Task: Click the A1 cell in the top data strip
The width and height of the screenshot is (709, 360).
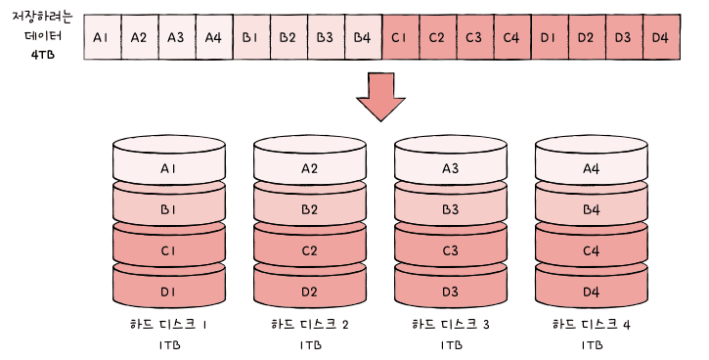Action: tap(103, 37)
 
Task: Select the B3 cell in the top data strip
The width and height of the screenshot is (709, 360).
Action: tap(326, 37)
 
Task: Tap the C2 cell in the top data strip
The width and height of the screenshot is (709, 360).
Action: tap(438, 37)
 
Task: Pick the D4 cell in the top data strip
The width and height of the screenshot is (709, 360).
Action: tap(661, 37)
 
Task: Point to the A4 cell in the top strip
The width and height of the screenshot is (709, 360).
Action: tap(214, 37)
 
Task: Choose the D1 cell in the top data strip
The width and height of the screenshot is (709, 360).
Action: tap(550, 37)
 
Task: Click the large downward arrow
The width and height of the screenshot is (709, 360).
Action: tap(380, 97)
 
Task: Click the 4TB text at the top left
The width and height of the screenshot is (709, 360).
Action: tap(43, 55)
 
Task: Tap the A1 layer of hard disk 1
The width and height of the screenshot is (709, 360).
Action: tap(168, 165)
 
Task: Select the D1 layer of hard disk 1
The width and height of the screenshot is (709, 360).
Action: tap(168, 290)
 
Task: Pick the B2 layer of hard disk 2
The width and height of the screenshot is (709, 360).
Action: tap(310, 207)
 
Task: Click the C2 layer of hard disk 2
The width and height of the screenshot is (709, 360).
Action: tap(310, 248)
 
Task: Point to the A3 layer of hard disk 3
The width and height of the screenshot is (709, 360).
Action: tap(451, 165)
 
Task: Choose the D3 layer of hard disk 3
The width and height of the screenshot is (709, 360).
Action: tap(451, 290)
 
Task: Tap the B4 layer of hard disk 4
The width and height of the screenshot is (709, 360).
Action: tap(592, 207)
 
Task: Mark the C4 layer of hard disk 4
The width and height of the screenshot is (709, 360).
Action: tap(592, 248)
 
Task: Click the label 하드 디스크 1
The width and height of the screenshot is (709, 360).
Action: tap(168, 324)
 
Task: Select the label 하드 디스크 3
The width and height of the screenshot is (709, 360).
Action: tap(451, 324)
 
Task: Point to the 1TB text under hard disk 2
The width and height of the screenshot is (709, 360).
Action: tap(311, 345)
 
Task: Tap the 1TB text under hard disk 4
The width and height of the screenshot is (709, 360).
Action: tap(592, 345)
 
